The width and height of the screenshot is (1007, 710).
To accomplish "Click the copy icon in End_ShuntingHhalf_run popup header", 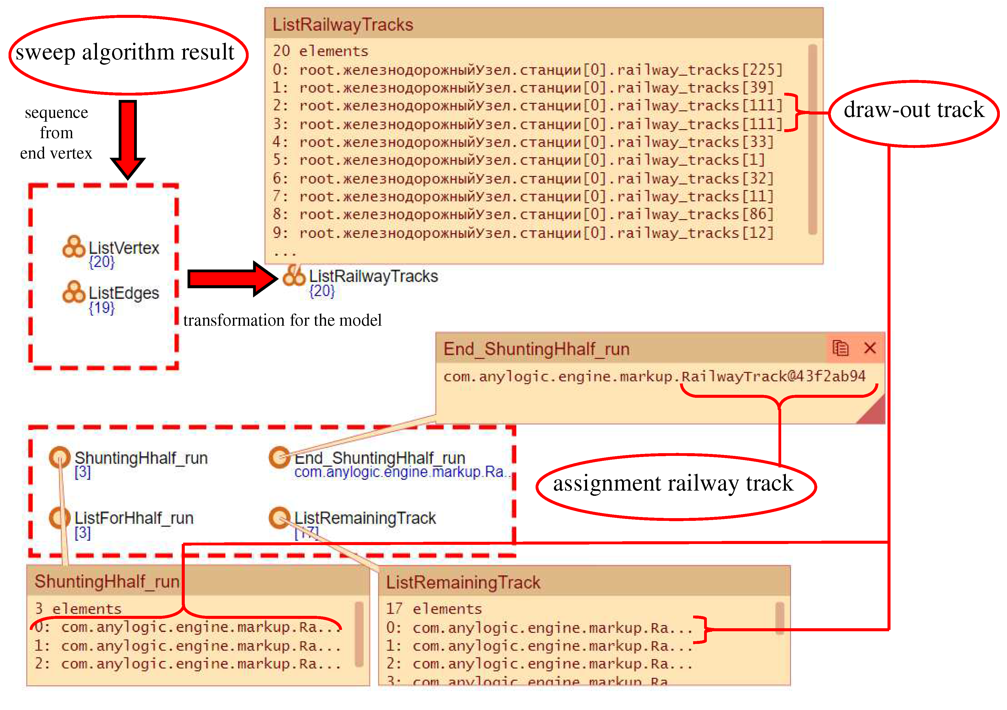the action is click(840, 348).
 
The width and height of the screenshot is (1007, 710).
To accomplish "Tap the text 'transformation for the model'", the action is click(283, 320).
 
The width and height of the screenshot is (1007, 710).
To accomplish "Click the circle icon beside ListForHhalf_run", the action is click(60, 518).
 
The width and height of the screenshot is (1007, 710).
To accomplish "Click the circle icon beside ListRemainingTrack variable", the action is click(279, 518).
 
